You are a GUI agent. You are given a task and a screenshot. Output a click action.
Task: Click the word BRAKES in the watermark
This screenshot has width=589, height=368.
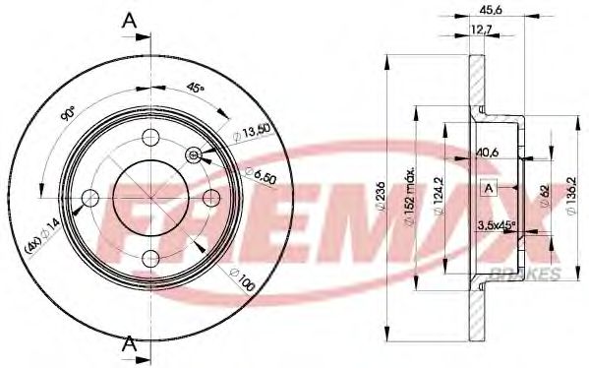532,273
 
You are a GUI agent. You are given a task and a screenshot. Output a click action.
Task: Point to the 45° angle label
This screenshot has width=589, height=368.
196,89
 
